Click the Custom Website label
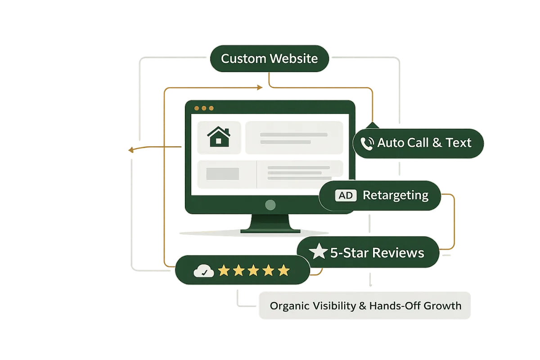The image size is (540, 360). point(269,59)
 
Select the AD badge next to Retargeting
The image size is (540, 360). point(346,195)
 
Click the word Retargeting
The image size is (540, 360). point(396,195)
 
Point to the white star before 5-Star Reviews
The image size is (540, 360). point(319,252)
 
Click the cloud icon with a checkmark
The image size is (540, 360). point(203,271)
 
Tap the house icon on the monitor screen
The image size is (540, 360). point(218,136)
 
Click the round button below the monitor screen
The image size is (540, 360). point(270,205)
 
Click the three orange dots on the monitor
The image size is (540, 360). point(204,108)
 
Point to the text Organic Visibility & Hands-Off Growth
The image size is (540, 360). point(365,306)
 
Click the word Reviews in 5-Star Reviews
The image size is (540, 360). point(399,253)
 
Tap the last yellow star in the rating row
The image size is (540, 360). point(283,270)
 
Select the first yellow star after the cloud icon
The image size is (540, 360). point(223,270)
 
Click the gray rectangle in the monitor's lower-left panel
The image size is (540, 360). point(222,174)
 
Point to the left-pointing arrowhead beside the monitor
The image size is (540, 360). point(131,150)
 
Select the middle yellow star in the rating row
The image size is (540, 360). point(253,270)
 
